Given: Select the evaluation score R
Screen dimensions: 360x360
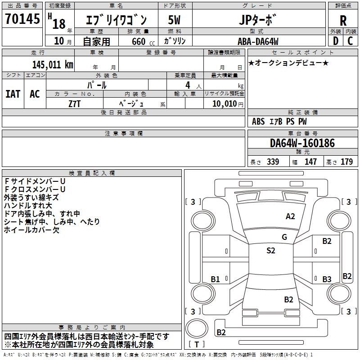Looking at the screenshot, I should tap(343, 21).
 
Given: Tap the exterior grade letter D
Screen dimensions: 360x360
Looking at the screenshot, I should tap(335, 40).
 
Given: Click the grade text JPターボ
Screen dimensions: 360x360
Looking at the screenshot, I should tap(258, 20).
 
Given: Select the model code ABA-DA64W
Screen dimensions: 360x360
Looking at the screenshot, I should tap(258, 41).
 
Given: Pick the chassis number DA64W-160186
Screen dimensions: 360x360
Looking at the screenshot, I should tap(302, 144).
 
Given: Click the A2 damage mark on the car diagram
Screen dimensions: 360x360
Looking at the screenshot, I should tap(291, 216).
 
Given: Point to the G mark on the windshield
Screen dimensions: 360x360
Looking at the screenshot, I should tap(284, 237).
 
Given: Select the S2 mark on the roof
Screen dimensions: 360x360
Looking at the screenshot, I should tap(270, 251).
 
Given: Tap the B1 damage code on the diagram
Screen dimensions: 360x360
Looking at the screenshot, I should tap(215, 279).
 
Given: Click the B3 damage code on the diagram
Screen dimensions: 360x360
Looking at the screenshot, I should tap(327, 279).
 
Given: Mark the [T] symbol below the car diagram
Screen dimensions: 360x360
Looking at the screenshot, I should tap(197, 345).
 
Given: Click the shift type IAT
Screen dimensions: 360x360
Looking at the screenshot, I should tap(13, 94).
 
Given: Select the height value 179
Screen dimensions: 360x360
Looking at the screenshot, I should tap(346, 162).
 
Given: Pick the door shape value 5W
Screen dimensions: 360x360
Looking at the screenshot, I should tap(175, 20).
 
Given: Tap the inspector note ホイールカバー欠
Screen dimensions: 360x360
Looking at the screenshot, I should tap(31, 230).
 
